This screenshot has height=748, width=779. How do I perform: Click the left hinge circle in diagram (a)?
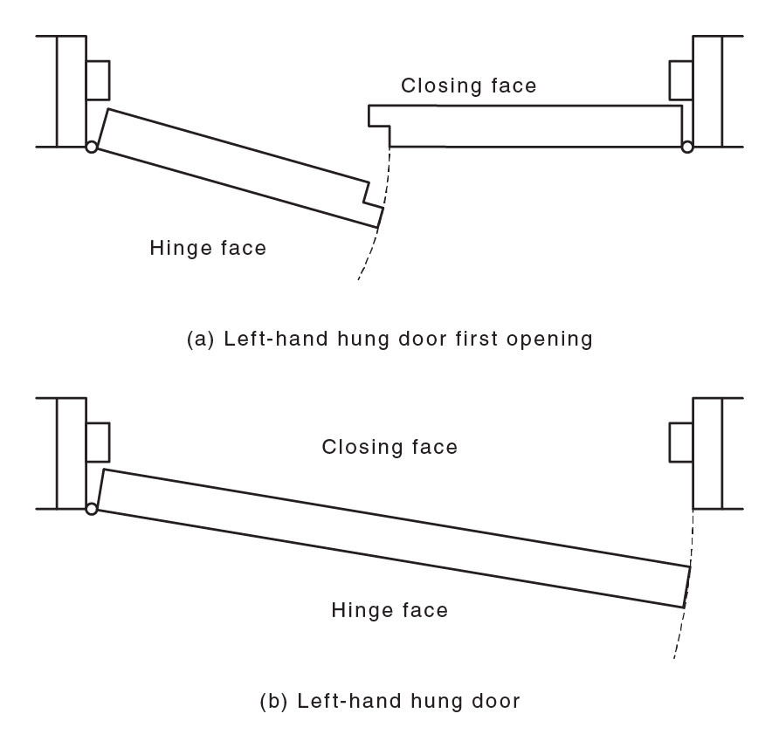[91, 148]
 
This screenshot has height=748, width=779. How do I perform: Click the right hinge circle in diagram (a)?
[687, 148]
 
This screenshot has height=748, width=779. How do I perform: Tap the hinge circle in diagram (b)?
[91, 509]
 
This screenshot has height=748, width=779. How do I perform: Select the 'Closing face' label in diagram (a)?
[468, 86]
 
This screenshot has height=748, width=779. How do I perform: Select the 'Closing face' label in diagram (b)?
[389, 447]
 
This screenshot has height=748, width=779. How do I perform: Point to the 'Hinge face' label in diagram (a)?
[208, 248]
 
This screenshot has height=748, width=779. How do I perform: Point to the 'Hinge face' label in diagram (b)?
[389, 609]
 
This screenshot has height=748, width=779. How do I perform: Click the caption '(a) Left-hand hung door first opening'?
[389, 339]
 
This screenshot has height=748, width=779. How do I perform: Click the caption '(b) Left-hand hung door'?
[389, 700]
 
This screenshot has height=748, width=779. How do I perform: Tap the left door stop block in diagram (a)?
[98, 79]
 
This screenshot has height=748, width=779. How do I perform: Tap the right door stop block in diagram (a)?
[680, 79]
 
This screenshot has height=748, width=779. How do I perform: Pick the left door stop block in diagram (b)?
[98, 441]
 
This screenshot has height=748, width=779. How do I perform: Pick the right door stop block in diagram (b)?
[680, 441]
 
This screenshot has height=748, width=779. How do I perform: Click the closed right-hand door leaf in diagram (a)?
[533, 126]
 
